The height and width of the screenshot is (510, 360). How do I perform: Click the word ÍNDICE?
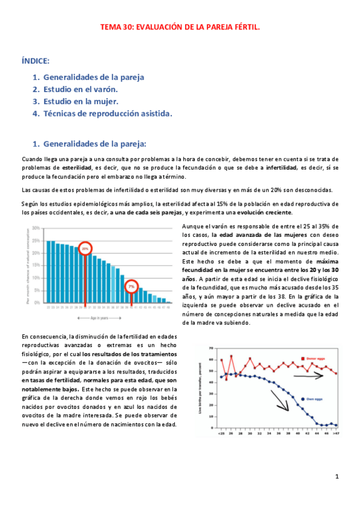point(35,61)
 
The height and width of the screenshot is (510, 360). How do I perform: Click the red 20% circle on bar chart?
point(85,247)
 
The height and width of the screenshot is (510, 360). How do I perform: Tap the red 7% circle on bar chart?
point(131,287)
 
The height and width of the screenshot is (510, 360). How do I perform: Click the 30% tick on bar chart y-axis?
point(36,229)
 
